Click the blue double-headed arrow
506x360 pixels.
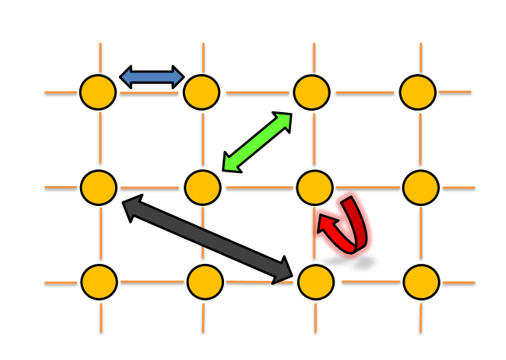(152, 77)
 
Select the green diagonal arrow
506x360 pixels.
(258, 143)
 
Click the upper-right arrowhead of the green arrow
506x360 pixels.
(283, 121)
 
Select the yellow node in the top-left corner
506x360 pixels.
(98, 92)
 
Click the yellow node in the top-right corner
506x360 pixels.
(418, 92)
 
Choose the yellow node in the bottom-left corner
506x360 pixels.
(99, 281)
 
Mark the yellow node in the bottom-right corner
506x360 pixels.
(421, 281)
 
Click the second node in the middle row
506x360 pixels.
(203, 188)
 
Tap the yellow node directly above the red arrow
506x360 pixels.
(315, 188)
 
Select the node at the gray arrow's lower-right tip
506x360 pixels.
(316, 281)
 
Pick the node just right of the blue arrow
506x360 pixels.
(201, 92)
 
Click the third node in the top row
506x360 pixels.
(312, 92)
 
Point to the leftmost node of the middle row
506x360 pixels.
(98, 188)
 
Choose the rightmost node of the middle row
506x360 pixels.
(421, 188)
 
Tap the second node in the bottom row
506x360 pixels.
(205, 281)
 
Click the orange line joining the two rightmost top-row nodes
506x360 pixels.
(364, 92)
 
